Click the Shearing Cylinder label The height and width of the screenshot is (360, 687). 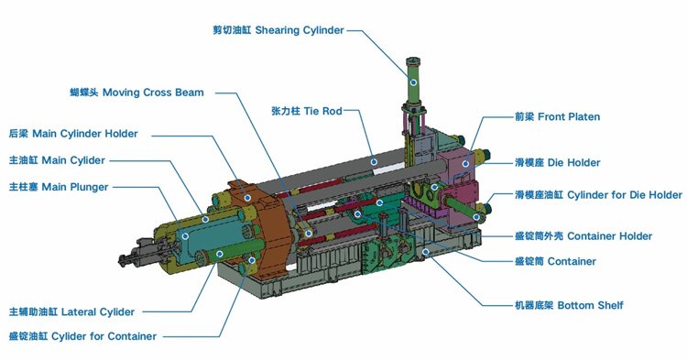(x=278, y=30)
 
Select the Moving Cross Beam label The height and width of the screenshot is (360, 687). (x=136, y=93)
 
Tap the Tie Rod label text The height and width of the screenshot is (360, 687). (x=306, y=111)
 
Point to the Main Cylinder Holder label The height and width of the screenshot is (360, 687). (x=73, y=134)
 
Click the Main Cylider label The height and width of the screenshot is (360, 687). (x=57, y=160)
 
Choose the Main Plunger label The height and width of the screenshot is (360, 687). (x=59, y=187)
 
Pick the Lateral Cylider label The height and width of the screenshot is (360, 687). (x=71, y=312)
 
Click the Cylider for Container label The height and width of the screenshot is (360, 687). (x=82, y=336)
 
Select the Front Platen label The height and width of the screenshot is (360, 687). (x=557, y=117)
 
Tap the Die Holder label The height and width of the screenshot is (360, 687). (x=557, y=163)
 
